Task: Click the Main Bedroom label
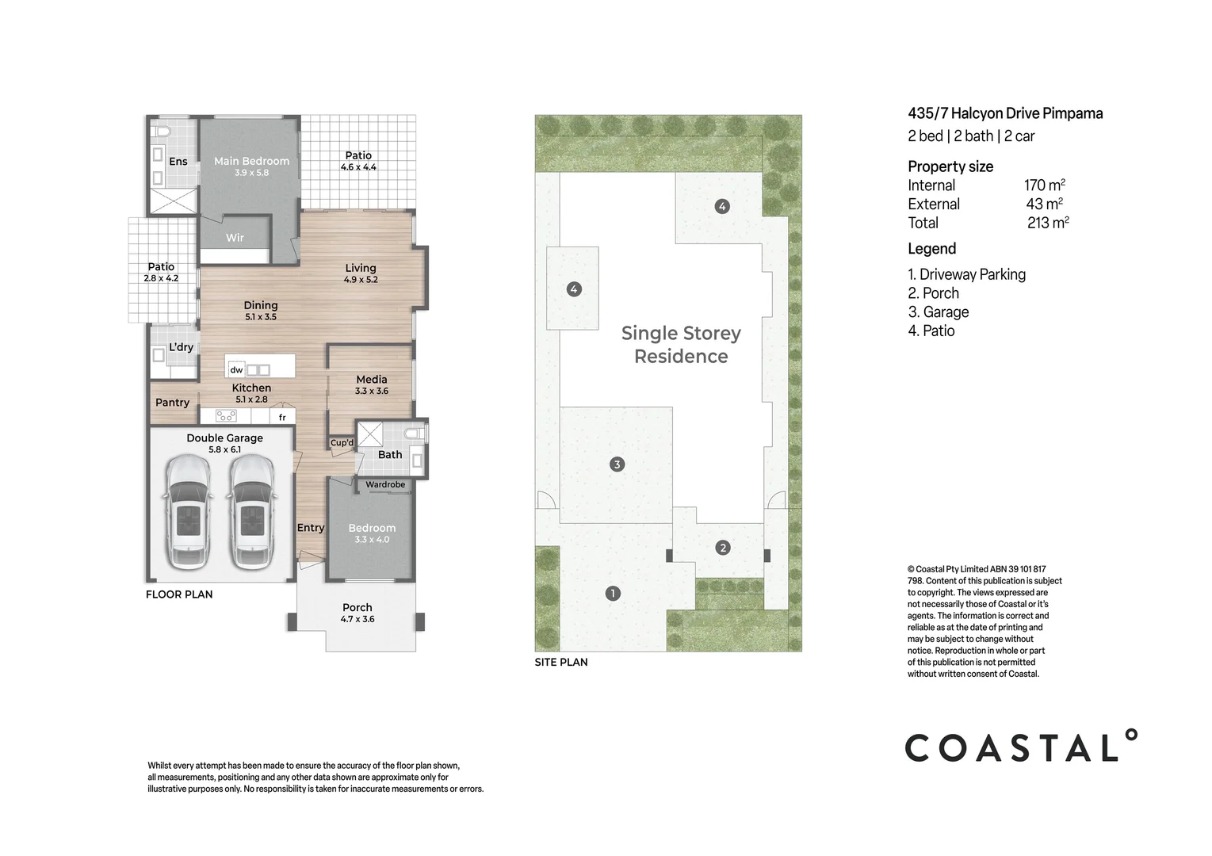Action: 251,161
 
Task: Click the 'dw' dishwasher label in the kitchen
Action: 236,370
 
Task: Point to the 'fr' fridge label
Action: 282,417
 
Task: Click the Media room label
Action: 371,380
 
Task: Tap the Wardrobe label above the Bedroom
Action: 385,484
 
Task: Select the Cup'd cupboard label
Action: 342,442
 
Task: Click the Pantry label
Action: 172,403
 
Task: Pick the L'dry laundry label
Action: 181,347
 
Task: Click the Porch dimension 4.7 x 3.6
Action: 357,619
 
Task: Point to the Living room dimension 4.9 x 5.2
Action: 361,280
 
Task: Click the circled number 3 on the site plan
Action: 617,464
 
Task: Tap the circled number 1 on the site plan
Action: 612,593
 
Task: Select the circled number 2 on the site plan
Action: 722,547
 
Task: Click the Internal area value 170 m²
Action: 1044,185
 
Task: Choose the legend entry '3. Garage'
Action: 939,312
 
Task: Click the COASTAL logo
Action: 1021,747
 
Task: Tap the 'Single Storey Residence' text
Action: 681,345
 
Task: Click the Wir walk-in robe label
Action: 235,238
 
